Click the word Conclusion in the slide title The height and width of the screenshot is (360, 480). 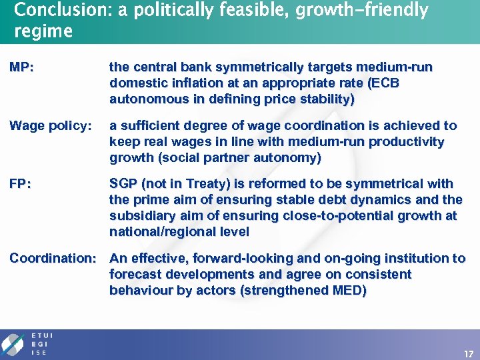53,11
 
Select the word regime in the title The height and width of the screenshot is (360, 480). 43,31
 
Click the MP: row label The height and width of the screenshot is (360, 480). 22,67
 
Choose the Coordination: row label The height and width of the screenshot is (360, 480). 56,259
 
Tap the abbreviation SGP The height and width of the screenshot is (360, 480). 125,184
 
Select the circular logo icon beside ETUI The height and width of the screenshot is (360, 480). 13,344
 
